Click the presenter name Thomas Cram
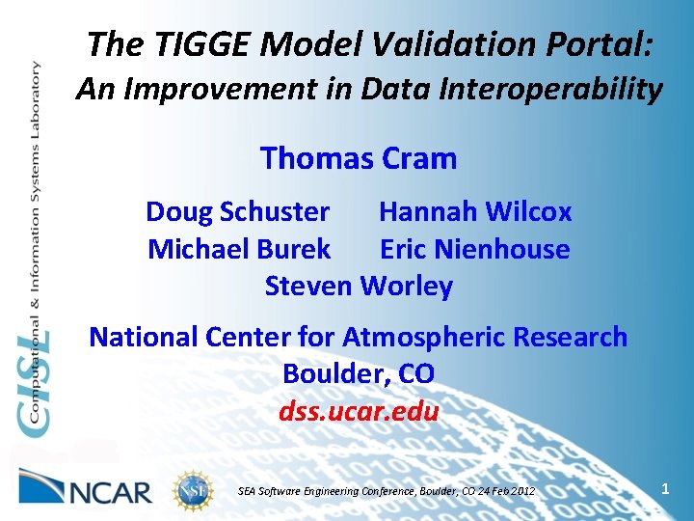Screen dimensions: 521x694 [359, 157]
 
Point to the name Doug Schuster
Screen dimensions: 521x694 [237, 211]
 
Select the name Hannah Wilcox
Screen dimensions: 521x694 [475, 211]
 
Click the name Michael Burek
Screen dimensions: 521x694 [239, 249]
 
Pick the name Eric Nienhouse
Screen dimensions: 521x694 [475, 249]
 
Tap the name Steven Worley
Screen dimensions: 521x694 [359, 287]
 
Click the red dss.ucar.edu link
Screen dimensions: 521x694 [359, 412]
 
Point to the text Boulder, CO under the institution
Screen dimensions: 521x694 [359, 374]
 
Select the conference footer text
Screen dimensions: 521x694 [386, 491]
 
